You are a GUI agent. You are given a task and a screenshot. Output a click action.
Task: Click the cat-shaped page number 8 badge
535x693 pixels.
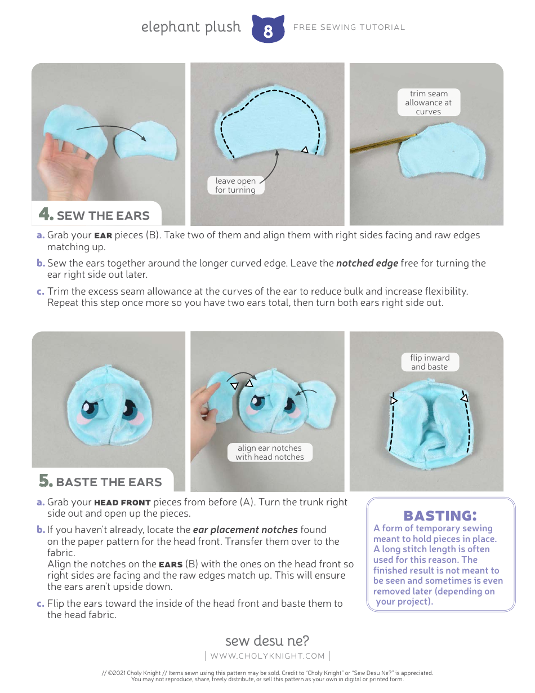click(x=267, y=30)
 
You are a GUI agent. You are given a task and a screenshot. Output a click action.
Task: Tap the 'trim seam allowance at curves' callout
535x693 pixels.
click(x=429, y=103)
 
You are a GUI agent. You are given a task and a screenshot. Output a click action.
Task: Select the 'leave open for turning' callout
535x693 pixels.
click(x=235, y=185)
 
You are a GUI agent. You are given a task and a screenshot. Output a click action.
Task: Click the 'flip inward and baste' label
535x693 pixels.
click(x=430, y=362)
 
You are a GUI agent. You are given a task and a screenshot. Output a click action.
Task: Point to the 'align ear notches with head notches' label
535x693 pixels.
click(x=270, y=452)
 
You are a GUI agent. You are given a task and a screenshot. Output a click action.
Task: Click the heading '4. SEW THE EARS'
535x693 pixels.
click(x=95, y=215)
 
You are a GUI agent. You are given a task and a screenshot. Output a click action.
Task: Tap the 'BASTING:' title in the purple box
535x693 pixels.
click(x=440, y=515)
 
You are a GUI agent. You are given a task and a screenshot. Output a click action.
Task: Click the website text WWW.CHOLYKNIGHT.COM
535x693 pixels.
click(x=267, y=656)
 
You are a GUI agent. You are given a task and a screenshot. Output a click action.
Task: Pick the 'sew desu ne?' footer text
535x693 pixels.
click(x=267, y=641)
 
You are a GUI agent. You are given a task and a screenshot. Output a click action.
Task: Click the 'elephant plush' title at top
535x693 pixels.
click(x=191, y=27)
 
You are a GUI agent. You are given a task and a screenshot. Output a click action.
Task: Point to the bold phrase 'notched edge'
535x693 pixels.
click(x=367, y=263)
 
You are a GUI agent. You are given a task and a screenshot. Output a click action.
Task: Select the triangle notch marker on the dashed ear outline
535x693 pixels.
click(x=305, y=149)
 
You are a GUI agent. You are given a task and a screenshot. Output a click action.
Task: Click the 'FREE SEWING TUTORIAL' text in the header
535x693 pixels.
click(x=349, y=27)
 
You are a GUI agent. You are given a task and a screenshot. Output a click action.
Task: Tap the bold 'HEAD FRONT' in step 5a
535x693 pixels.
click(x=122, y=503)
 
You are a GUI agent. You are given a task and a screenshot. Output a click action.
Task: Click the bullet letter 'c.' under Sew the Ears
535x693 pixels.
click(x=41, y=292)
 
